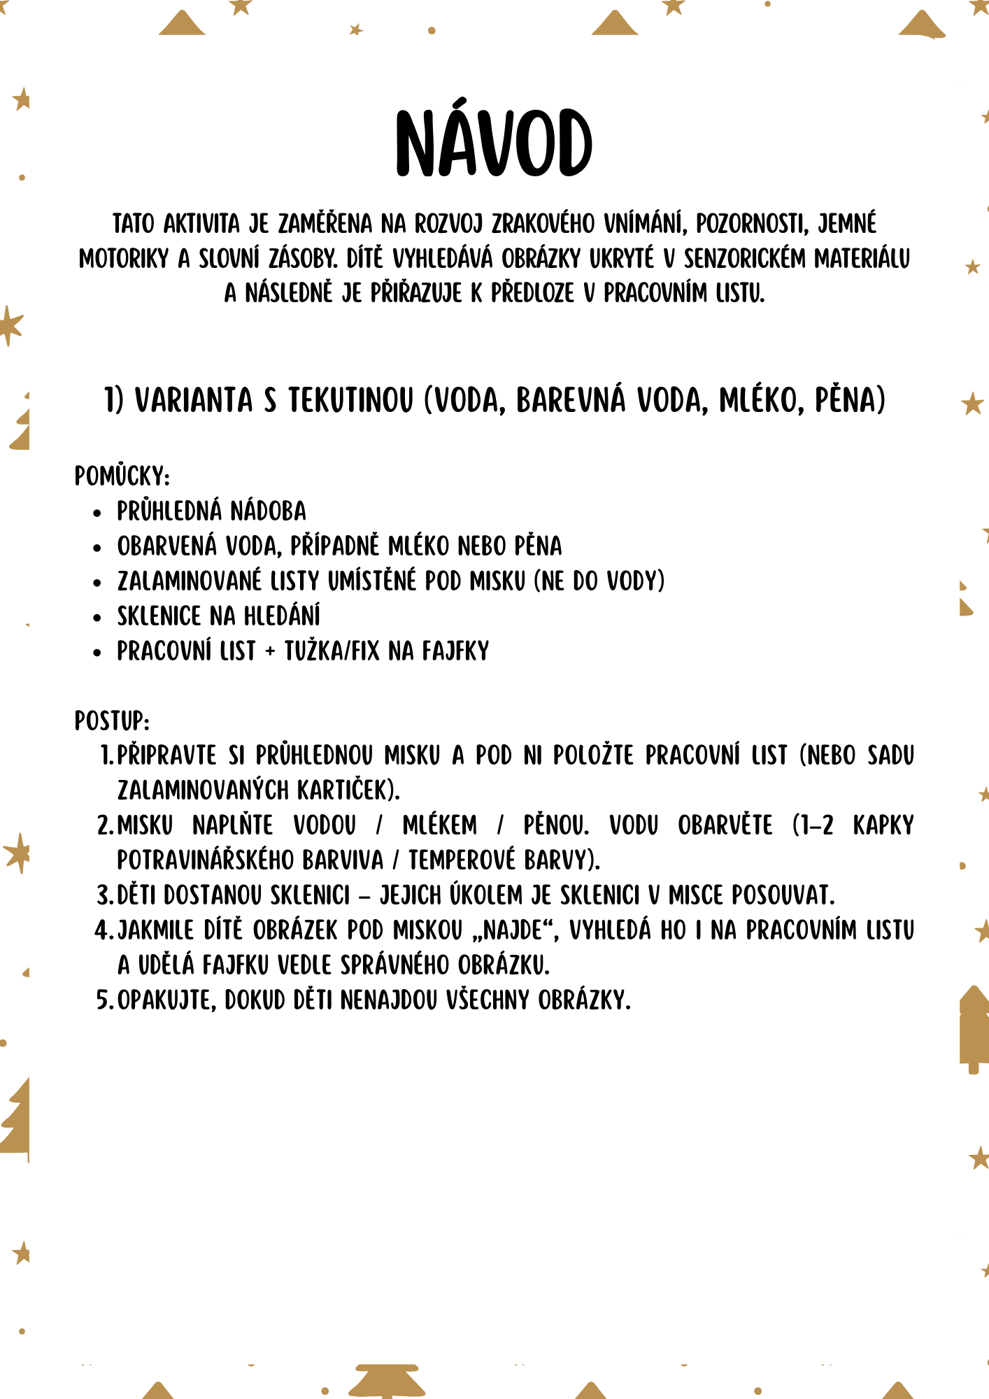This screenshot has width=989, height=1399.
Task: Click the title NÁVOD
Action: [494, 143]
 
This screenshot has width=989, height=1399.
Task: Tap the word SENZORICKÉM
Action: [744, 259]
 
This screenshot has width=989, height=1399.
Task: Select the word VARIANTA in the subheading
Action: [194, 401]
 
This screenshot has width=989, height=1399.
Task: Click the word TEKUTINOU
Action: [351, 401]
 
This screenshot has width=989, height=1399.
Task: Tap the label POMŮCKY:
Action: [122, 476]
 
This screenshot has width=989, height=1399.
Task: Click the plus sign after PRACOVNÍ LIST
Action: [270, 652]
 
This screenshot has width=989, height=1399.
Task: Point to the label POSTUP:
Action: [112, 721]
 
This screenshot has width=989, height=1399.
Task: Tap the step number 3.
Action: [104, 896]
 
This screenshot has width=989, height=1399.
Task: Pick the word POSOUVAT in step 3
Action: [783, 895]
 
